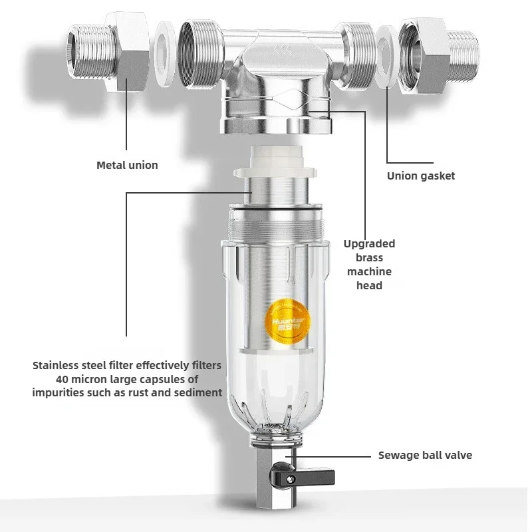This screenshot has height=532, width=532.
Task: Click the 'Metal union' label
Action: (127, 165)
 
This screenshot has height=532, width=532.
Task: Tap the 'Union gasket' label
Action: (421, 176)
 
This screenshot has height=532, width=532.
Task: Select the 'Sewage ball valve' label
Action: (425, 456)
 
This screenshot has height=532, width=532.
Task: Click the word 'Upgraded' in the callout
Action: (369, 243)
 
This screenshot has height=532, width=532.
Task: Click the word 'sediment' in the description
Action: (198, 392)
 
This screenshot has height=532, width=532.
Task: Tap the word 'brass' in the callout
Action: (369, 257)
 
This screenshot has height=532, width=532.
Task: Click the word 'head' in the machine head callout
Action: (369, 285)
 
